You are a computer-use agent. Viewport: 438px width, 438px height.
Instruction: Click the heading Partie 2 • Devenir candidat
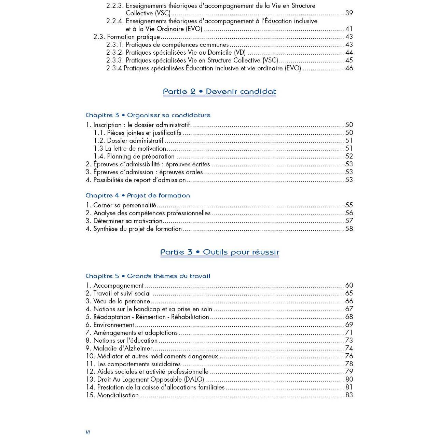pyautogui.click(x=219, y=92)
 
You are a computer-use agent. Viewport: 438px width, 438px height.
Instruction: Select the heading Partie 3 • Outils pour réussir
pyautogui.click(x=219, y=252)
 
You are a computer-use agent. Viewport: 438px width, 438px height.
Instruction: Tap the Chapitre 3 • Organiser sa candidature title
pyautogui.click(x=148, y=115)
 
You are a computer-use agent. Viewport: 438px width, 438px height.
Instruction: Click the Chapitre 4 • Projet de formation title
pyautogui.click(x=138, y=195)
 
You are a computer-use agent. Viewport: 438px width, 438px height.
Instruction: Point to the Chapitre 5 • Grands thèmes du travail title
pyautogui.click(x=148, y=276)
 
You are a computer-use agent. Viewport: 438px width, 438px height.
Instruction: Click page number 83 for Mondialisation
pyautogui.click(x=349, y=395)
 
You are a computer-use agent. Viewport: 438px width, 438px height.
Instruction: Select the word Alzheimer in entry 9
pyautogui.click(x=135, y=348)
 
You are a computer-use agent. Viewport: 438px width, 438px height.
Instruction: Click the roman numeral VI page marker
pyautogui.click(x=88, y=433)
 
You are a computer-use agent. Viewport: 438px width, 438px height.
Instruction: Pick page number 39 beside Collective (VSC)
pyautogui.click(x=349, y=13)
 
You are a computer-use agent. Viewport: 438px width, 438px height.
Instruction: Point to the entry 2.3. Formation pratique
pyautogui.click(x=127, y=37)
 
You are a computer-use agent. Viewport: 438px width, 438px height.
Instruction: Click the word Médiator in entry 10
pyautogui.click(x=110, y=356)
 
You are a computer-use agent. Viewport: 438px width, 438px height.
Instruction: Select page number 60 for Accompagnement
pyautogui.click(x=349, y=286)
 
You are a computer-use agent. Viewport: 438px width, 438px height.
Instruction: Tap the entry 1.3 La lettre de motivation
pyautogui.click(x=130, y=149)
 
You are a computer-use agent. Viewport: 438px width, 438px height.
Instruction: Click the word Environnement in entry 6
pyautogui.click(x=114, y=325)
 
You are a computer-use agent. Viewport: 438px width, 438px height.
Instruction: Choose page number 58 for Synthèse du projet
pyautogui.click(x=349, y=229)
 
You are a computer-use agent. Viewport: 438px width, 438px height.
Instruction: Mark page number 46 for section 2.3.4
pyautogui.click(x=349, y=68)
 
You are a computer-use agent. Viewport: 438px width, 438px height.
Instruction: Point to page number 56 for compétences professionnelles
pyautogui.click(x=349, y=213)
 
